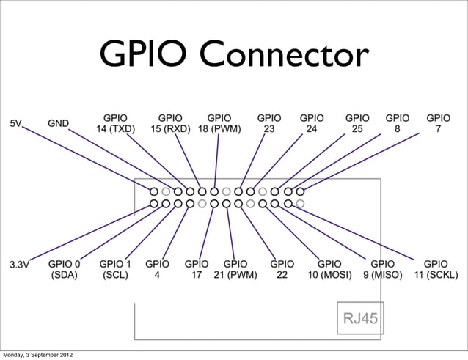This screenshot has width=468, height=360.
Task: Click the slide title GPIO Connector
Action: pyautogui.click(x=234, y=56)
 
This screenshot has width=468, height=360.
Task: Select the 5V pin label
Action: pyautogui.click(x=16, y=123)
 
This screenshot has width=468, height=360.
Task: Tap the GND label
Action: pyautogui.click(x=59, y=123)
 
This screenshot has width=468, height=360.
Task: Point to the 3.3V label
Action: pyautogui.click(x=19, y=264)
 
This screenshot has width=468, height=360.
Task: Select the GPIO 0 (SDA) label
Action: pyautogui.click(x=65, y=270)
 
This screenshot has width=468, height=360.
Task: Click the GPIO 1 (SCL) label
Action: pyautogui.click(x=115, y=270)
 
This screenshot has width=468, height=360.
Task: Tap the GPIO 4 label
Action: pyautogui.click(x=157, y=270)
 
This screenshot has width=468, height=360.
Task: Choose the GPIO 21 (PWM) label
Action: pyautogui.click(x=235, y=270)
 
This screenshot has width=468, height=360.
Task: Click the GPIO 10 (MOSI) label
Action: pyautogui.click(x=329, y=270)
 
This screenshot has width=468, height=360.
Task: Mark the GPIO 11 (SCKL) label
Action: pyautogui.click(x=436, y=270)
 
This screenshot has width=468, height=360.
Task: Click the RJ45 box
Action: pyautogui.click(x=359, y=319)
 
